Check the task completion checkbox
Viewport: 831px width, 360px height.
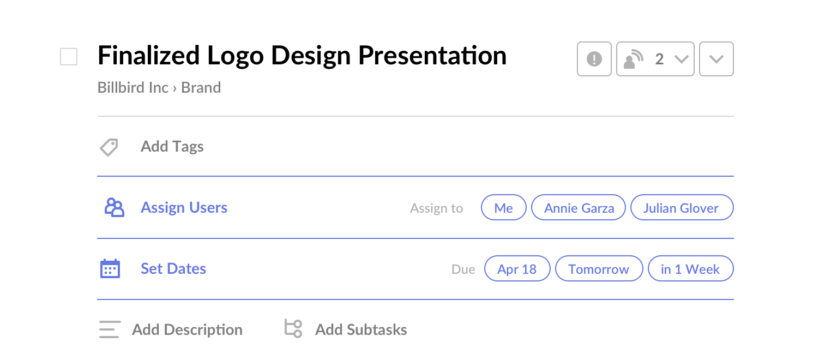69,57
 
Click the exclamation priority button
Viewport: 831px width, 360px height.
594,59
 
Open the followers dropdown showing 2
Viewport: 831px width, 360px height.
655,59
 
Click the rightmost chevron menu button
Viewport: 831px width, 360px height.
716,59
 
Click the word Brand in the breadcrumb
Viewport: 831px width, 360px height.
201,88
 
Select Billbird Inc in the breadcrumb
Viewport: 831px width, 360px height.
133,88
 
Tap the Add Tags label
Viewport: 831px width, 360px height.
172,147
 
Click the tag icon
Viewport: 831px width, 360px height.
109,147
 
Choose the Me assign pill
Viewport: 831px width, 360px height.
503,207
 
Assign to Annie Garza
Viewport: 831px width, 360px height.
579,207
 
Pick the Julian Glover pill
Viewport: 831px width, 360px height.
682,207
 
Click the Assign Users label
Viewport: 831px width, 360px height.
184,207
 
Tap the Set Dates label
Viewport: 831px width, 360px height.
173,268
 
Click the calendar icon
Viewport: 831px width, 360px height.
110,268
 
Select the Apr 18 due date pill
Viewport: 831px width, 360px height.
517,268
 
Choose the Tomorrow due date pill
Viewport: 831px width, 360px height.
599,268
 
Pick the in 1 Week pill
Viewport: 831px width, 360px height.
690,268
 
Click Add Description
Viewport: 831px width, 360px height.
188,329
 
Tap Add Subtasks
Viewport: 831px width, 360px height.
361,329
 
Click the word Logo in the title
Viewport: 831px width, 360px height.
236,56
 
